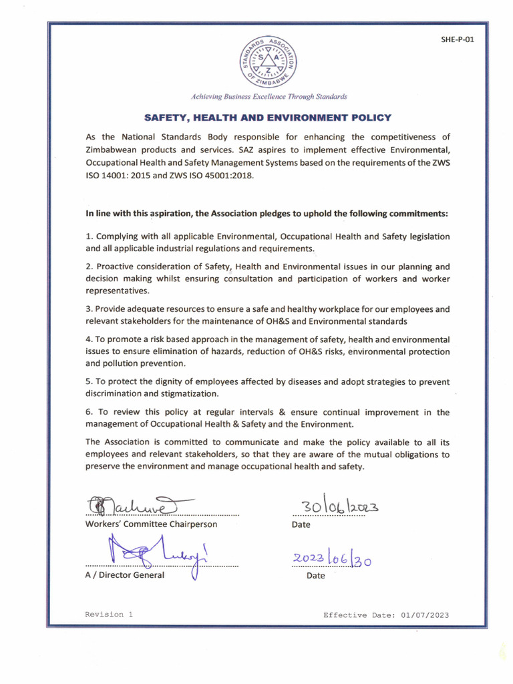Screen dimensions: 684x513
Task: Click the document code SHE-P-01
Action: (x=458, y=39)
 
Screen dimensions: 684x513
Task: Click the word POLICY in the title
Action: (x=367, y=118)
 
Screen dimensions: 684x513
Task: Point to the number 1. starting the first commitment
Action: (x=89, y=236)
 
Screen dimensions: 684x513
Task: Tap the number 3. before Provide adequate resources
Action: (x=89, y=309)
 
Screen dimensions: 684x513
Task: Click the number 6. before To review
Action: (x=89, y=412)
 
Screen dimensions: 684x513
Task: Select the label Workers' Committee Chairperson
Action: (x=152, y=524)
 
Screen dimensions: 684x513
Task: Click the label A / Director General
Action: (x=125, y=575)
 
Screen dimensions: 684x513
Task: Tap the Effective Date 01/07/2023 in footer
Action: (x=386, y=615)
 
